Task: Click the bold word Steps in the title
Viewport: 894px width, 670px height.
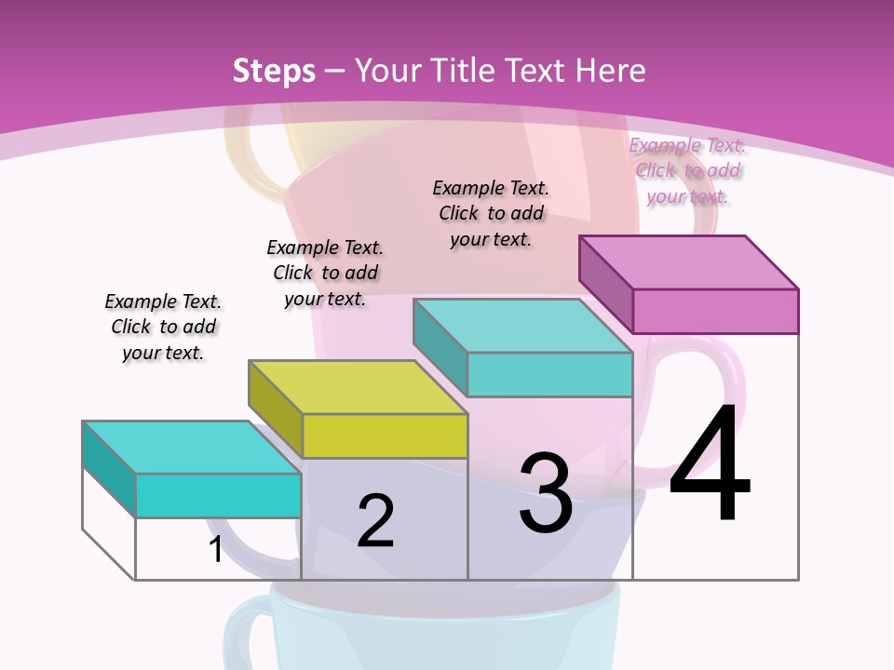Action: [274, 71]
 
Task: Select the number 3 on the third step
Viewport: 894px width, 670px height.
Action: [546, 493]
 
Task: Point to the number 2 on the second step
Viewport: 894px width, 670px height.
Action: [375, 521]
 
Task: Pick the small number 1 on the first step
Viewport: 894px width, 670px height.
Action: [215, 549]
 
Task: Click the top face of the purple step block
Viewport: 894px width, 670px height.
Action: [689, 262]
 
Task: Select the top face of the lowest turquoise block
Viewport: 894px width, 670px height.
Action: [192, 448]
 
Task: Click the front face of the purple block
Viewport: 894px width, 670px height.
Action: [715, 311]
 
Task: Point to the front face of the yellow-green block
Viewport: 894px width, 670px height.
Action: [385, 435]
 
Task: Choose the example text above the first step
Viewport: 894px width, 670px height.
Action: [163, 327]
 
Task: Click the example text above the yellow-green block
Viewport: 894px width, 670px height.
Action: [325, 273]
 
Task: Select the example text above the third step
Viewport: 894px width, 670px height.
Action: [491, 213]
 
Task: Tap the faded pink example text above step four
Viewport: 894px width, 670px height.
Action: [687, 170]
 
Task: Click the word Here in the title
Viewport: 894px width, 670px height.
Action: [612, 71]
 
